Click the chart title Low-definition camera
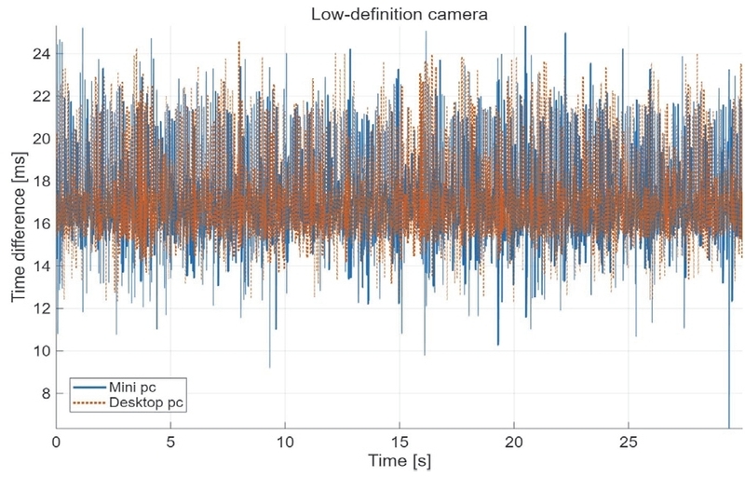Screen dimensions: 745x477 400,14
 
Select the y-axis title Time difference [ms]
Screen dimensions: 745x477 19,226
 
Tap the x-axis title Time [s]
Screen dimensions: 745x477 400,460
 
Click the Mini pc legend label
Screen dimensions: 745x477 132,388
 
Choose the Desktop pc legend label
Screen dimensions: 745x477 146,403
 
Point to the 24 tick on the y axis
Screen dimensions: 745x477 41,54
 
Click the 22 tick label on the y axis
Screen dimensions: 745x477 41,97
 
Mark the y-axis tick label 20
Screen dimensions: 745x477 41,139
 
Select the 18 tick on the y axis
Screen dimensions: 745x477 41,181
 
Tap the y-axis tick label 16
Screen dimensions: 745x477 41,224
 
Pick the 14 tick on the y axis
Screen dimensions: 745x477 41,266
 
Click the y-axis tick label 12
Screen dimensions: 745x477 41,308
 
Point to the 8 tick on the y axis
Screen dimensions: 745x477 46,393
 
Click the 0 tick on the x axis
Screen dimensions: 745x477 56,443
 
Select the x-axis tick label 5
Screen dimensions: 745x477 170,443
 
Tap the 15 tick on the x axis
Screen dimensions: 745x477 400,443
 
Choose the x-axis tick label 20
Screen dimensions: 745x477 514,443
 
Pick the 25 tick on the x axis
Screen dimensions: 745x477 629,443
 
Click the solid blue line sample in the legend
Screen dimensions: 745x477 89,388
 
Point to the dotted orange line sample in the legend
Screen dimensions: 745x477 89,403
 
